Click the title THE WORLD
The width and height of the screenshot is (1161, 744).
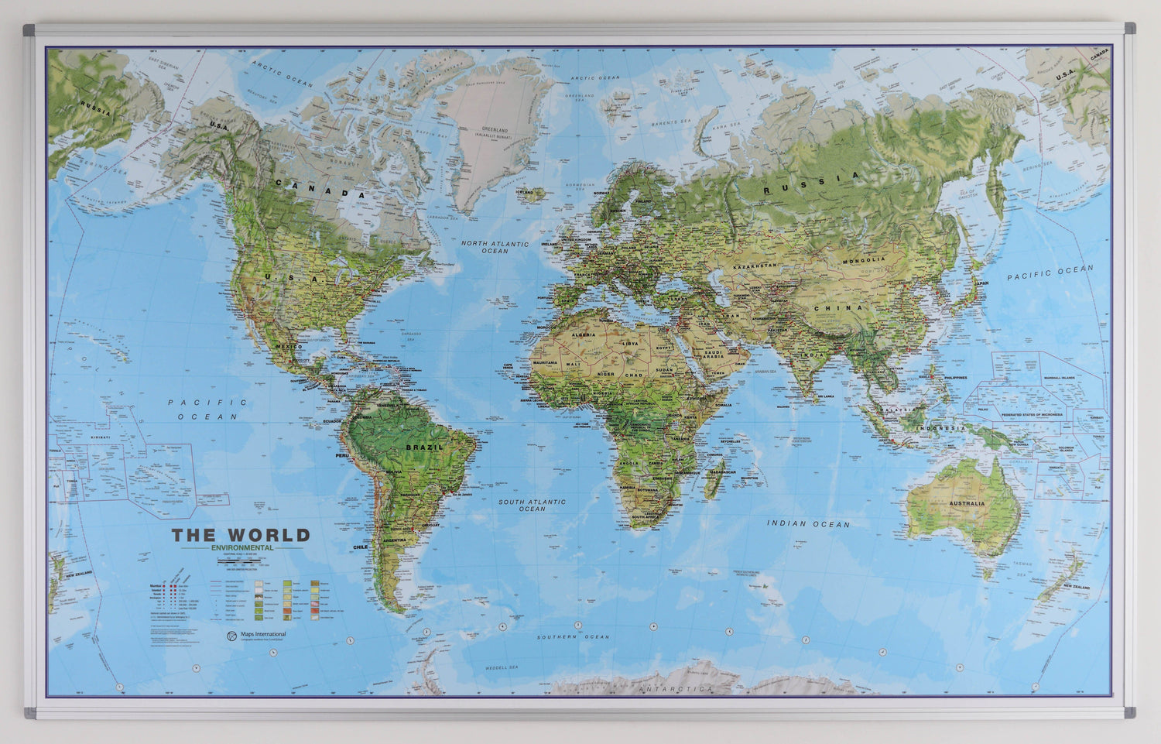click(241, 535)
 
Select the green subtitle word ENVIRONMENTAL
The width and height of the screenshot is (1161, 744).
click(241, 548)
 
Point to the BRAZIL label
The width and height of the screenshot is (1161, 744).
click(425, 447)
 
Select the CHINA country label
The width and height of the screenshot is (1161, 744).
click(837, 307)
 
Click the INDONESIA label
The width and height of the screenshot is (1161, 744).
click(942, 428)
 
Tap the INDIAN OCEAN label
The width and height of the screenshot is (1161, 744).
click(808, 524)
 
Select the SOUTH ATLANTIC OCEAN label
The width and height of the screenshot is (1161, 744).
click(532, 506)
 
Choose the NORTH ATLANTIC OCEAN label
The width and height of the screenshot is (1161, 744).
click(495, 247)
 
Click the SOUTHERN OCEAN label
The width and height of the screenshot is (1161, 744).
click(574, 637)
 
